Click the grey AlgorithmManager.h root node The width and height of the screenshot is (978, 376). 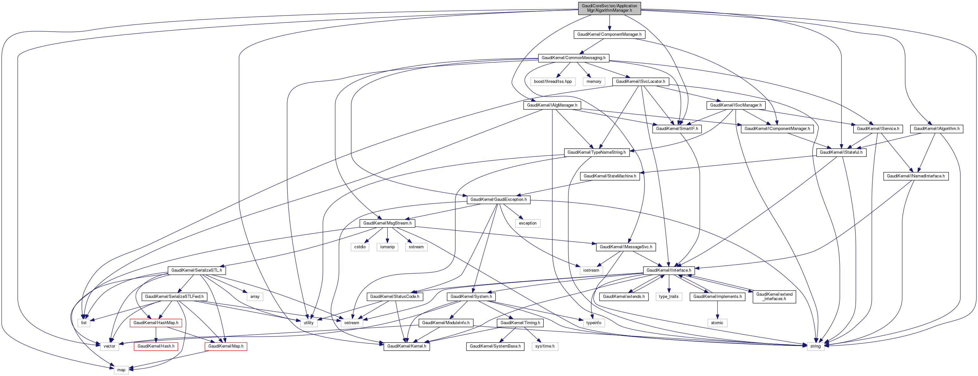609,8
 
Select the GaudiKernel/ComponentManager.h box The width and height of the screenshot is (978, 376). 609,34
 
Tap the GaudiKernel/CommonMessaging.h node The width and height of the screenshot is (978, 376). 573,58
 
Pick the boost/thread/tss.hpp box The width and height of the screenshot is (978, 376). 553,82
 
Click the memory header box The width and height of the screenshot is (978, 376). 594,82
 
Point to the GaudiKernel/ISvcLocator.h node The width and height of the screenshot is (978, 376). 641,82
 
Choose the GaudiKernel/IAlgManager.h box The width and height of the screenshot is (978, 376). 552,105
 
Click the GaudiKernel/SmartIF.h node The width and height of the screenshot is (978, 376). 677,129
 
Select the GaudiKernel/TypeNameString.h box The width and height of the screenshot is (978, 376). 596,152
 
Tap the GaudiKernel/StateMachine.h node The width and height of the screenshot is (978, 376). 610,176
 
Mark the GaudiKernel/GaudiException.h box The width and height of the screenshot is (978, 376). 499,200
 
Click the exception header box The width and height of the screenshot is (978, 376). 528,223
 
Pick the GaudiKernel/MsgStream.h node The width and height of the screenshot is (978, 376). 387,223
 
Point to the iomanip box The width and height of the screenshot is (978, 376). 387,247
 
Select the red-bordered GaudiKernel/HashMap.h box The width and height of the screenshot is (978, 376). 156,323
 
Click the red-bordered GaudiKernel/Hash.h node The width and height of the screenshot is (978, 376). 156,346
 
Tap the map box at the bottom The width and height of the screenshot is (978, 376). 121,370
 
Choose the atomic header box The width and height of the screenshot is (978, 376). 717,323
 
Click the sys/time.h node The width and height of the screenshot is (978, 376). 545,346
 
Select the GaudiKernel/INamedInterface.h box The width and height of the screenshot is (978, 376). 916,176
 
